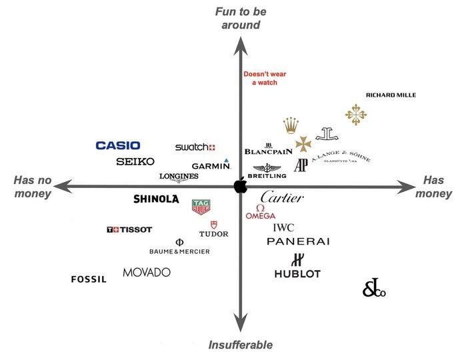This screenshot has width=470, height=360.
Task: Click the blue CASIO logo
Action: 118,145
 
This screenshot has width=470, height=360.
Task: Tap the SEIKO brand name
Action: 135,161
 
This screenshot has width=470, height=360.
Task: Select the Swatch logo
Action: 195,147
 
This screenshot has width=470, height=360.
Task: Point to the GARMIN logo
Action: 211,165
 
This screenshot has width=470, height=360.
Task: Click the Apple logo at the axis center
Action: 240,186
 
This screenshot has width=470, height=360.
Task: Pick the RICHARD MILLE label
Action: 391,95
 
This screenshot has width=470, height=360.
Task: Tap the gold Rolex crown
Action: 290,126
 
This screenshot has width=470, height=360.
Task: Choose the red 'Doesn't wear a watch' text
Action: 263,78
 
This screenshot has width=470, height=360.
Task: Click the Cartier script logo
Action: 282,197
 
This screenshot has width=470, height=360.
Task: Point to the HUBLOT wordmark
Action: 297,273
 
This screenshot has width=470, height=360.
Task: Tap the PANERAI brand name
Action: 298,241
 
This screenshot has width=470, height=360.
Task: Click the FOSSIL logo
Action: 89,279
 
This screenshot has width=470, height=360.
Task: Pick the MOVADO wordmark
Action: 147,272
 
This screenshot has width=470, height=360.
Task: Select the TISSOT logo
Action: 129,230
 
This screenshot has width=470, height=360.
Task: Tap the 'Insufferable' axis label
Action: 241,345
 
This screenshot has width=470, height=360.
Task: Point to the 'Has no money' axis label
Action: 31,187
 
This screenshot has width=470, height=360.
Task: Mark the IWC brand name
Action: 283,227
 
